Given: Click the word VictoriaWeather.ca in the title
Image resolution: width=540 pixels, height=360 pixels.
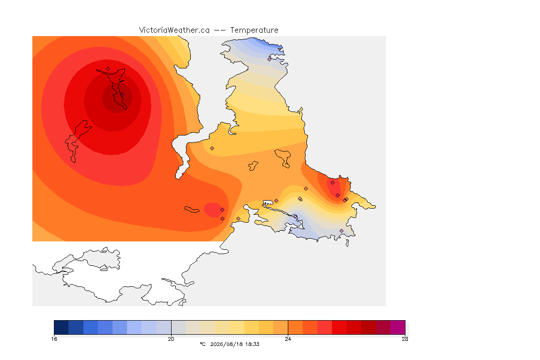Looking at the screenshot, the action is [x=174, y=30].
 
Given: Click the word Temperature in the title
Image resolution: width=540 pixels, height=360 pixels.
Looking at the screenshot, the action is [x=254, y=30].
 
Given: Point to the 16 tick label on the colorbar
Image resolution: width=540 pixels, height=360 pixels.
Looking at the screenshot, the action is [x=54, y=339].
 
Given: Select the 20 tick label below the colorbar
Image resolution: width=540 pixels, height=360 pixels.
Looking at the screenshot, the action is [x=171, y=339].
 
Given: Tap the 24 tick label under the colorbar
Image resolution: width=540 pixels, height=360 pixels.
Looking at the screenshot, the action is [x=288, y=339].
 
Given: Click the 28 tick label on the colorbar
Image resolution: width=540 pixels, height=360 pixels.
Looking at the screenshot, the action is [x=405, y=339].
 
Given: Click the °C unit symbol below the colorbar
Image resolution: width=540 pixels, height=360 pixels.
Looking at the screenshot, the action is [x=202, y=344].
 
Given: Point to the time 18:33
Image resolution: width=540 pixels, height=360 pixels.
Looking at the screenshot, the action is [x=253, y=344].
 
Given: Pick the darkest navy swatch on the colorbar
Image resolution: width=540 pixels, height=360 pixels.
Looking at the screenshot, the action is [x=61, y=327].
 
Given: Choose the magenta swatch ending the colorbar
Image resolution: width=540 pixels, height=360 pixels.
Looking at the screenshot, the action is [x=398, y=327].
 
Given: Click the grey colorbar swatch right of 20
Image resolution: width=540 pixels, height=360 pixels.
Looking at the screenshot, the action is [x=179, y=327].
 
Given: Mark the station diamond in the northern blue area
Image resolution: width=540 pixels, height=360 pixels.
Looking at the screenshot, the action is [x=270, y=59].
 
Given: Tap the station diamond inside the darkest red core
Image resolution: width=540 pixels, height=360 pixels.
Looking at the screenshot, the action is [x=122, y=95].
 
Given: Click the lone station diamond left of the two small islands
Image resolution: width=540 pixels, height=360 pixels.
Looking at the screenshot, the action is [x=212, y=149].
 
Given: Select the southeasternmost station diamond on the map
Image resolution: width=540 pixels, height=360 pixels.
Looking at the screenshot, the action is [x=341, y=231].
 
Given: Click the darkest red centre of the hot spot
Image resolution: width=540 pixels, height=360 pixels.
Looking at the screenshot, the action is [x=117, y=97].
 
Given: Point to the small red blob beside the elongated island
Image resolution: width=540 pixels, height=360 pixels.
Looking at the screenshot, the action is [x=213, y=210].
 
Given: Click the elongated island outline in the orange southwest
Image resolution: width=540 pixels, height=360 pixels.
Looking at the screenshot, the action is [x=192, y=210].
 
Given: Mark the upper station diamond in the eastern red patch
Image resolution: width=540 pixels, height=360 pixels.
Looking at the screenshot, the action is [x=333, y=183].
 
